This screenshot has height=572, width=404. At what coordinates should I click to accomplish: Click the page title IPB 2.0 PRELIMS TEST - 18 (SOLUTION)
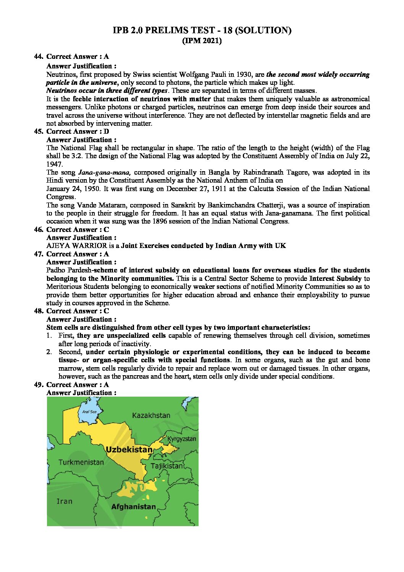click(x=202, y=31)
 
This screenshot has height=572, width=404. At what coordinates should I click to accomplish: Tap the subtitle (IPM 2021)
click(x=202, y=41)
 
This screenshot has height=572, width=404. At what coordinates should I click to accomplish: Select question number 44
click(x=38, y=57)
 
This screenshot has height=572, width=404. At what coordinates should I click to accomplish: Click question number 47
click(x=38, y=254)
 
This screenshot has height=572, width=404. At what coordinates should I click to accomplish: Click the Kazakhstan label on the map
click(x=151, y=415)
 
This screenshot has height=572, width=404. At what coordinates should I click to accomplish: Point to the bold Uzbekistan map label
click(x=129, y=449)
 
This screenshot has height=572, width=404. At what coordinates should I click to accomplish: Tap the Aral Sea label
click(x=89, y=412)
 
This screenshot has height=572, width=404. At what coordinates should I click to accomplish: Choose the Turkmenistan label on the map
click(x=81, y=462)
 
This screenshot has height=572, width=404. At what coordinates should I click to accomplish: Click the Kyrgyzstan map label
click(x=182, y=439)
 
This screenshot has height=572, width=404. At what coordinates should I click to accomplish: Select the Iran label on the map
click(x=64, y=501)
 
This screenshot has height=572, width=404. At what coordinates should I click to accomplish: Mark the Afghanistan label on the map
click(x=133, y=507)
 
